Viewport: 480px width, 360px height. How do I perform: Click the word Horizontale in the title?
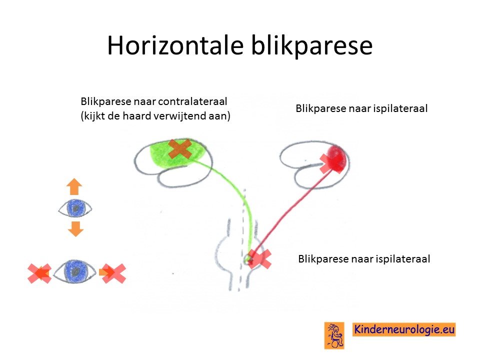(x=175, y=45)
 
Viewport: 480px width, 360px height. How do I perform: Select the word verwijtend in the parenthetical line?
(x=178, y=116)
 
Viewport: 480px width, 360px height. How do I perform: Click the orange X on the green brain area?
(x=180, y=149)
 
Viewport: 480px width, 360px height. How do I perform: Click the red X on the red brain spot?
(x=331, y=163)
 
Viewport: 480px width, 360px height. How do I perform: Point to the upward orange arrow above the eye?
(x=74, y=186)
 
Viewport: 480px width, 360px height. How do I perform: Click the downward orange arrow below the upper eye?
(x=75, y=228)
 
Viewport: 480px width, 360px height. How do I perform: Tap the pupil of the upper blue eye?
(x=75, y=208)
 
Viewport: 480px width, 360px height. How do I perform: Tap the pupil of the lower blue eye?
(x=75, y=271)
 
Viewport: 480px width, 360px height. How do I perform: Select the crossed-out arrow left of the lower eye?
(x=39, y=273)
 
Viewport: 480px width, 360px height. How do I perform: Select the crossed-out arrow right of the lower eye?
(x=112, y=273)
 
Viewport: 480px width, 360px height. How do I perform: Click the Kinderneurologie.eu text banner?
(x=404, y=329)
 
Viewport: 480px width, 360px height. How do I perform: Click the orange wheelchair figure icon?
(x=334, y=335)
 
